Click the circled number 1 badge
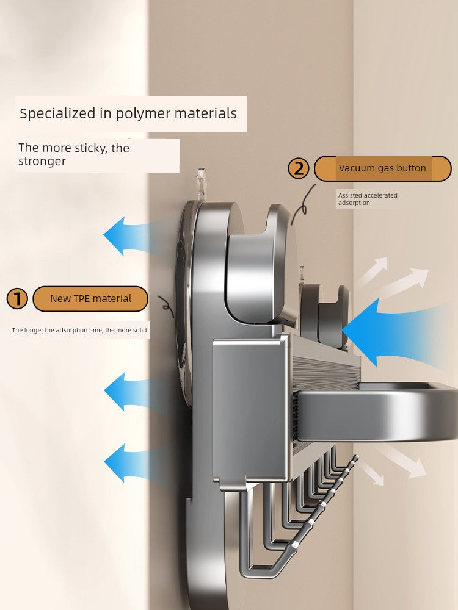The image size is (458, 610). click(18, 299)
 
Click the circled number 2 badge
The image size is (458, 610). click(299, 168)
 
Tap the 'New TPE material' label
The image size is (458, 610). click(90, 299)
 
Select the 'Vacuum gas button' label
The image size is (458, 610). click(382, 168)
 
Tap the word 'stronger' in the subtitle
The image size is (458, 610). click(42, 162)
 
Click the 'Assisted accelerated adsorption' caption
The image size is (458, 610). click(367, 199)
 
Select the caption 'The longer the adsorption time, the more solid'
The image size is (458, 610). click(79, 330)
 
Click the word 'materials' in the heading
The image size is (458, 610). click(206, 113)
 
